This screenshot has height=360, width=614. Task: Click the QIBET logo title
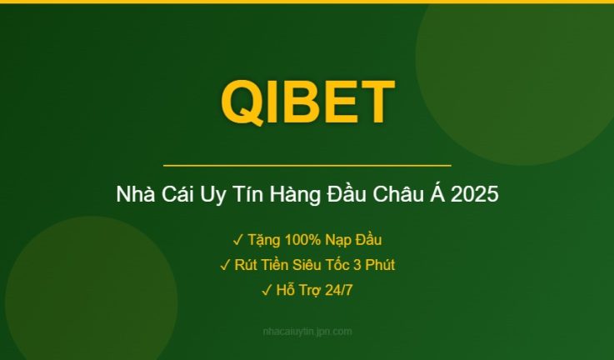pos(307,102)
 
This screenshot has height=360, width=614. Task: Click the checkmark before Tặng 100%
pos(237,240)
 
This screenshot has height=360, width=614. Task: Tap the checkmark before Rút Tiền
pos(225,265)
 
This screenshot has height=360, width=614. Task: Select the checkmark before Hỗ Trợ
pos(266,290)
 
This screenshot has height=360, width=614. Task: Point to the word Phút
pos(377,265)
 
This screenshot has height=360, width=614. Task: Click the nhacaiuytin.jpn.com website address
pos(307,332)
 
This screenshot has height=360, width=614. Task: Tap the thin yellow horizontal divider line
pos(307,166)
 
